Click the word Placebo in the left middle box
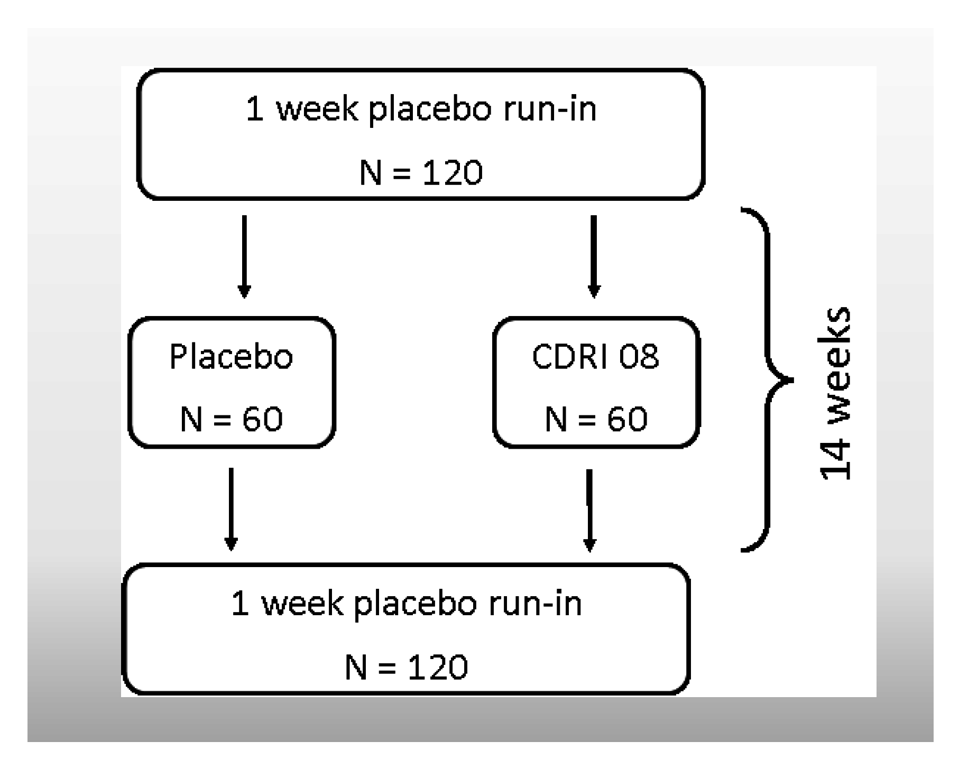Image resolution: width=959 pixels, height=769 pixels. point(231,357)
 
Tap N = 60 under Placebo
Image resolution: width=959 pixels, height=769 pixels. point(231,419)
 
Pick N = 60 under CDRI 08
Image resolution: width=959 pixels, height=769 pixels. point(596,419)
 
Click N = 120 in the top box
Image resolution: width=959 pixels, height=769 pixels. point(421,172)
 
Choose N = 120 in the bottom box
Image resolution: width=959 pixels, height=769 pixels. point(406,667)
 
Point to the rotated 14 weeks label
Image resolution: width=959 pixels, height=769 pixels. point(835,394)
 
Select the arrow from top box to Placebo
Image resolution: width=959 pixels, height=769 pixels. point(244,256)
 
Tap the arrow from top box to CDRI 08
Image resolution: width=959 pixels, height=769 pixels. point(594,256)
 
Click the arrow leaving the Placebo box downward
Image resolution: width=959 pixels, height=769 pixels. point(230,508)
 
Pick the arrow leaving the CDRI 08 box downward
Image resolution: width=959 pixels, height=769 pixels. point(590,509)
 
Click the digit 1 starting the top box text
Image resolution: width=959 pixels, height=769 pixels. point(255,109)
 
